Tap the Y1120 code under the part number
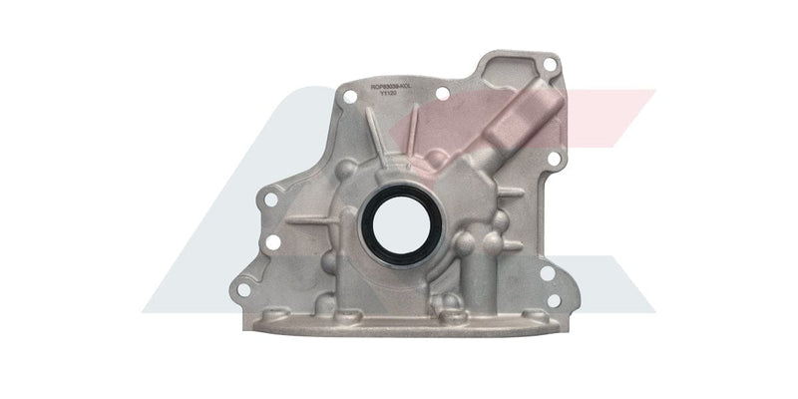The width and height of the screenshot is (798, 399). click(x=402, y=96)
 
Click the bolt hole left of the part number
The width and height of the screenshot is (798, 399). click(x=349, y=96)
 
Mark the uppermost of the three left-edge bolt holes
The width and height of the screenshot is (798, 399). click(x=268, y=199)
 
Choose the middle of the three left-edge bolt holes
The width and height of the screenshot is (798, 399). click(x=272, y=242)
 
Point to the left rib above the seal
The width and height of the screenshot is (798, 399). click(x=372, y=146)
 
